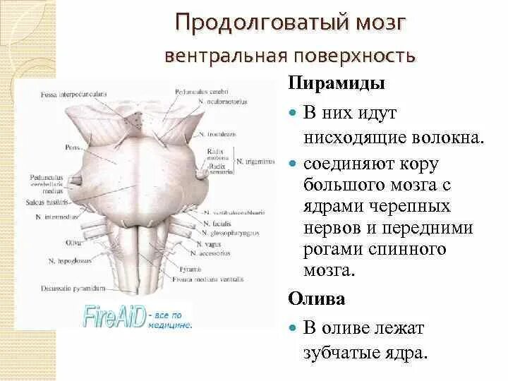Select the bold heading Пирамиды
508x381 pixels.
tap(337, 83)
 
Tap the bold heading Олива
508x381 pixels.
tap(317, 298)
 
